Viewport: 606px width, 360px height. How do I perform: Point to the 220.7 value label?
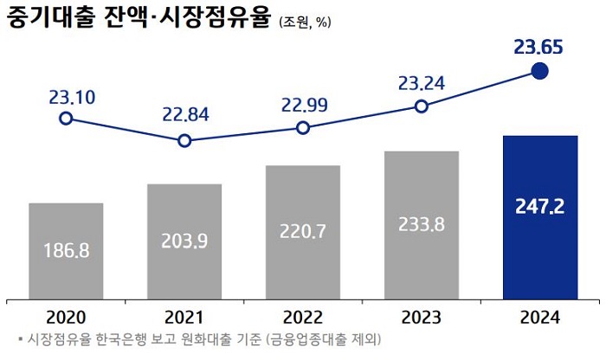(x=303, y=232)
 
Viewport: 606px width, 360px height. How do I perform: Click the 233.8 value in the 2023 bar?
(x=422, y=223)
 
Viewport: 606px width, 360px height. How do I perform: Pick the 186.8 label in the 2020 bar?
(x=66, y=251)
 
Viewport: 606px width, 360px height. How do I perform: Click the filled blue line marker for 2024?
(x=539, y=71)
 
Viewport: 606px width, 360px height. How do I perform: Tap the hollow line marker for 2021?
(x=184, y=140)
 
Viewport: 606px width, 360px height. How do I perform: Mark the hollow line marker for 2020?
(x=66, y=119)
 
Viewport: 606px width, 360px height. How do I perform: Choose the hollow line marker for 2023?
(x=421, y=106)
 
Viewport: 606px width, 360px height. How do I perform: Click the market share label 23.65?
(x=539, y=46)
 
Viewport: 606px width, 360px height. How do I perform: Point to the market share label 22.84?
(x=184, y=115)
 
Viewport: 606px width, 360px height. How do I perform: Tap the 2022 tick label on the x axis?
(x=303, y=318)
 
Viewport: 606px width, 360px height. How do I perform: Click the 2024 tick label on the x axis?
(x=539, y=318)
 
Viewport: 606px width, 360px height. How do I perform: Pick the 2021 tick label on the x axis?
(x=184, y=318)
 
